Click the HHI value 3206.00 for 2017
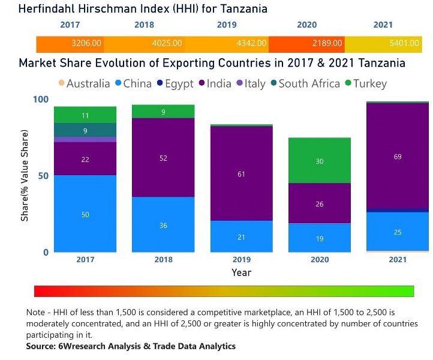(x=86, y=44)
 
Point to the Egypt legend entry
(x=179, y=83)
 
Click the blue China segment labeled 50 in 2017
(x=85, y=214)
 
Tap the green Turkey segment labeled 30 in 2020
(x=320, y=161)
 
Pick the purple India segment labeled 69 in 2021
(x=398, y=157)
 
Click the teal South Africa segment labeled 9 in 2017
(x=85, y=130)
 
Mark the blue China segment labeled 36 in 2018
(x=163, y=225)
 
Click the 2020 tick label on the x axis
(x=320, y=260)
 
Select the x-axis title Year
(x=242, y=272)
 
